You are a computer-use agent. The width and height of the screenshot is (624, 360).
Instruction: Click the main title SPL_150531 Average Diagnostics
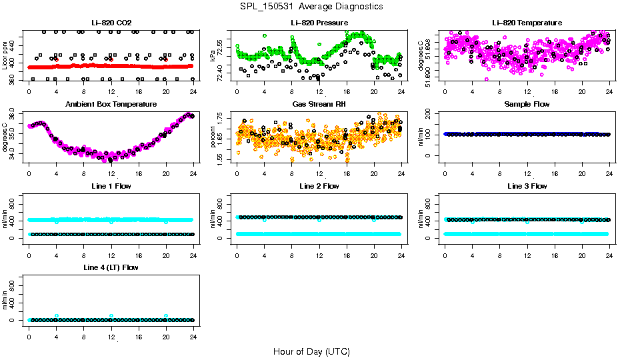click(312, 6)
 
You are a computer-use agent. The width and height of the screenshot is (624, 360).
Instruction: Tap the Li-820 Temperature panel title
click(527, 23)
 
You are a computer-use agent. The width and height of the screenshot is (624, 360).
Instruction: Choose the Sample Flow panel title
click(527, 105)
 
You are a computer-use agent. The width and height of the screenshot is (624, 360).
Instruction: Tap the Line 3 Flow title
click(527, 186)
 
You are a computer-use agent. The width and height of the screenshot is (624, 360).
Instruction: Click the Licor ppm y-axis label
click(5, 56)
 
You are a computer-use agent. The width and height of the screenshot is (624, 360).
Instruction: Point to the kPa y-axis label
click(213, 56)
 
